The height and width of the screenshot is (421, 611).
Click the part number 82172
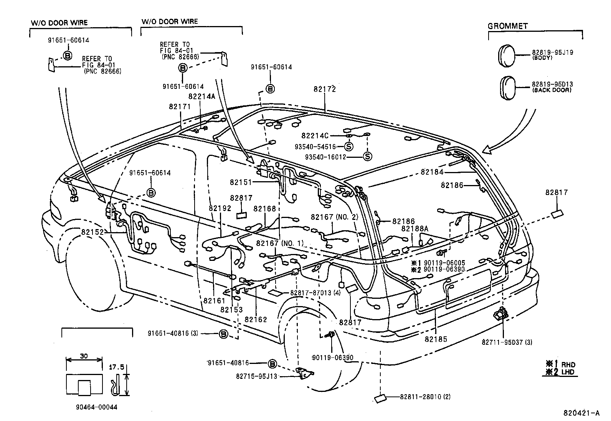point(324,89)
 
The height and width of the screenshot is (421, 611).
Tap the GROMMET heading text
point(507,26)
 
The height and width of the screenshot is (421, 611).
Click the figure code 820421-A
point(581,413)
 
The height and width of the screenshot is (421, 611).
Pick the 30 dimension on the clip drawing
point(84,356)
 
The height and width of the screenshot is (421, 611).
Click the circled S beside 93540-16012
point(367,157)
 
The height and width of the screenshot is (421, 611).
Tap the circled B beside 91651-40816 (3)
point(223,334)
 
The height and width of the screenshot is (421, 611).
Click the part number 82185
point(436,339)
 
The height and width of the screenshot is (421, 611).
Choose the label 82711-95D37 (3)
point(507,342)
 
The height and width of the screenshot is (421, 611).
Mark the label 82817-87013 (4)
point(315,293)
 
